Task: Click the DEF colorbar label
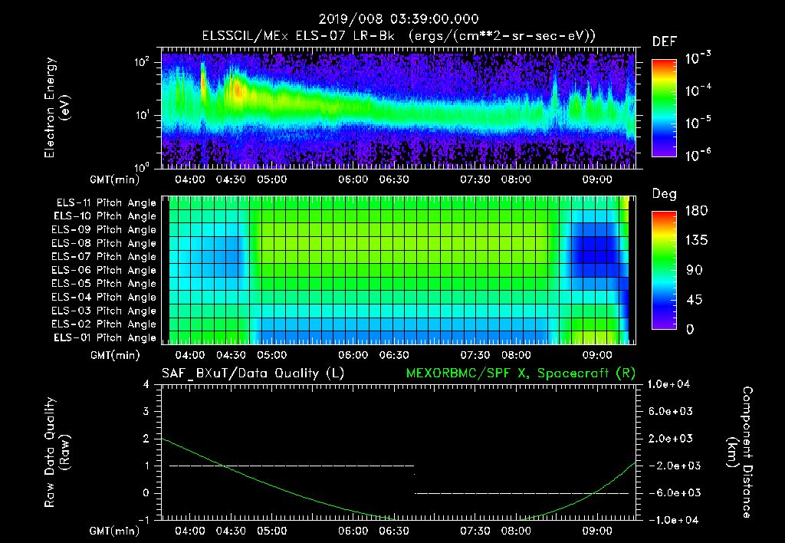tap(664, 41)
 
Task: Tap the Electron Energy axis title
tap(57, 109)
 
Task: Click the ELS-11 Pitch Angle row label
tap(106, 202)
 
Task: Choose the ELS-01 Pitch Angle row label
tap(106, 337)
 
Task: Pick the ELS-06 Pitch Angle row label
tap(106, 270)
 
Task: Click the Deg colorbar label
tap(664, 194)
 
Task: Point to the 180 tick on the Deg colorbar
tap(665, 211)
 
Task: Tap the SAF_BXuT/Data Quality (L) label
tap(251, 374)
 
